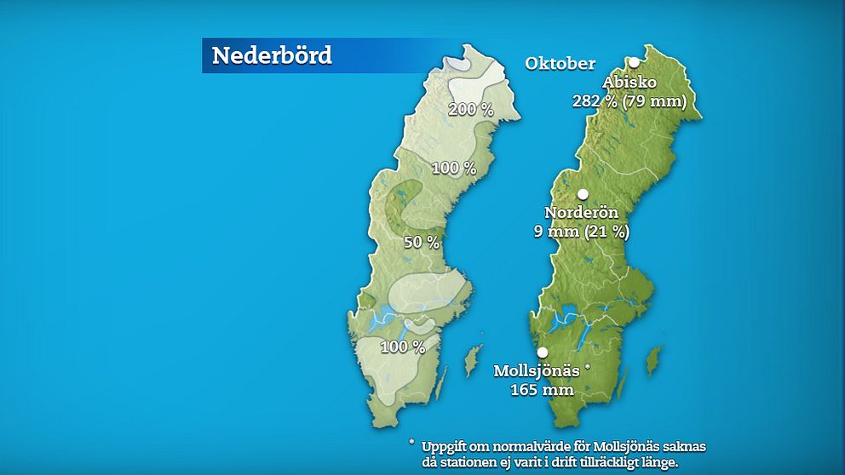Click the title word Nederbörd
click(x=271, y=56)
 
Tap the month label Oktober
click(x=560, y=64)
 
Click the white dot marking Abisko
click(x=635, y=62)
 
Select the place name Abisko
click(x=630, y=83)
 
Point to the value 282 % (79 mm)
click(x=629, y=100)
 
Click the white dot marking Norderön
click(x=583, y=194)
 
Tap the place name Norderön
click(x=581, y=213)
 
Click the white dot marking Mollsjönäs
click(x=543, y=352)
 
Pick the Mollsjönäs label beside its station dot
click(x=537, y=371)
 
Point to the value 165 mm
click(x=542, y=390)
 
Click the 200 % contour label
click(x=471, y=109)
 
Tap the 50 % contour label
click(x=422, y=243)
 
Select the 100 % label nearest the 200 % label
click(x=453, y=168)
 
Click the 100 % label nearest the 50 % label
click(x=402, y=346)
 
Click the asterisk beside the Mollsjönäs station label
click(x=588, y=367)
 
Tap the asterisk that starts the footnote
click(x=411, y=444)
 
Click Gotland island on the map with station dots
click(x=653, y=359)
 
